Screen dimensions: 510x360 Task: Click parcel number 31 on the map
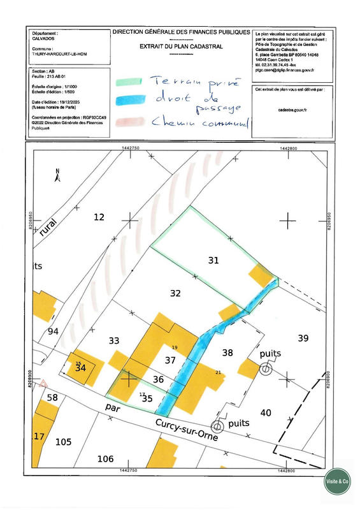(x=213, y=259)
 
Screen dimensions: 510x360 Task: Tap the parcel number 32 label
(x=176, y=293)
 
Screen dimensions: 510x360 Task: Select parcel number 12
(x=99, y=217)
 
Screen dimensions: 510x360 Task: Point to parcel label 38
(x=227, y=352)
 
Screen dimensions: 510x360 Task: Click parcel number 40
(x=266, y=412)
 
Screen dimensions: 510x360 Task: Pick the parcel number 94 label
(x=54, y=331)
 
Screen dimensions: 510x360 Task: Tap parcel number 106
(x=105, y=458)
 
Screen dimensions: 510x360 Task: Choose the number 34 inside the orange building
(x=80, y=368)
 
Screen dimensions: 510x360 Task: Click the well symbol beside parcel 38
(x=264, y=368)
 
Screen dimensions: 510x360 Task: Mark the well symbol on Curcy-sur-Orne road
(x=217, y=426)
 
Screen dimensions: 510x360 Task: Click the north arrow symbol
(x=57, y=173)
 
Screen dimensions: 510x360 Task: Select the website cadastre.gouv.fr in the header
(x=289, y=110)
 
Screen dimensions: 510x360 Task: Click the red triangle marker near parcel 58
(x=43, y=384)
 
